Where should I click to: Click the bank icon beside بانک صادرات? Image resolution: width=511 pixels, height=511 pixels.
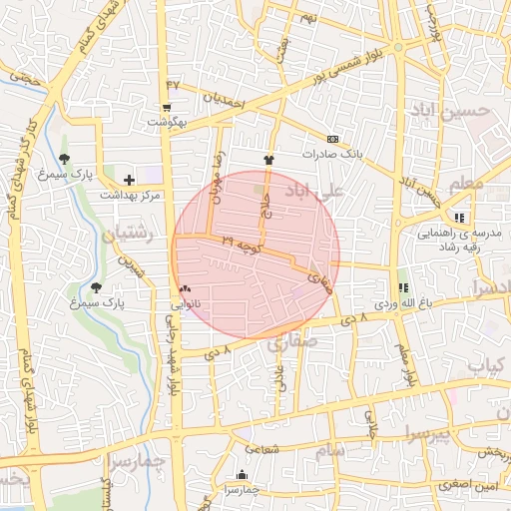332,140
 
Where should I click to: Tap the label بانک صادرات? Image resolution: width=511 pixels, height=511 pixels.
363,155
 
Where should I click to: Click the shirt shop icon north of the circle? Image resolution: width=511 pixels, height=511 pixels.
267,159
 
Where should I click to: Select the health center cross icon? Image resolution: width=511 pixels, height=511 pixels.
130,179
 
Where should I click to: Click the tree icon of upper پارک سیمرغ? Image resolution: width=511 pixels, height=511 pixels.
65,158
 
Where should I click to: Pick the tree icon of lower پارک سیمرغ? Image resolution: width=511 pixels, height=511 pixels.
96,286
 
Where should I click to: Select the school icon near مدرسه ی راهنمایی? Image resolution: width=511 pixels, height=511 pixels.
459,217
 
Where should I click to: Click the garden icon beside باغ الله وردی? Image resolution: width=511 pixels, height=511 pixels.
403,286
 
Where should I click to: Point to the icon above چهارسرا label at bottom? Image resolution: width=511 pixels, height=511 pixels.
242,475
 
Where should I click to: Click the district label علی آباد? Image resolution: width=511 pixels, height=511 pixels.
314,190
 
